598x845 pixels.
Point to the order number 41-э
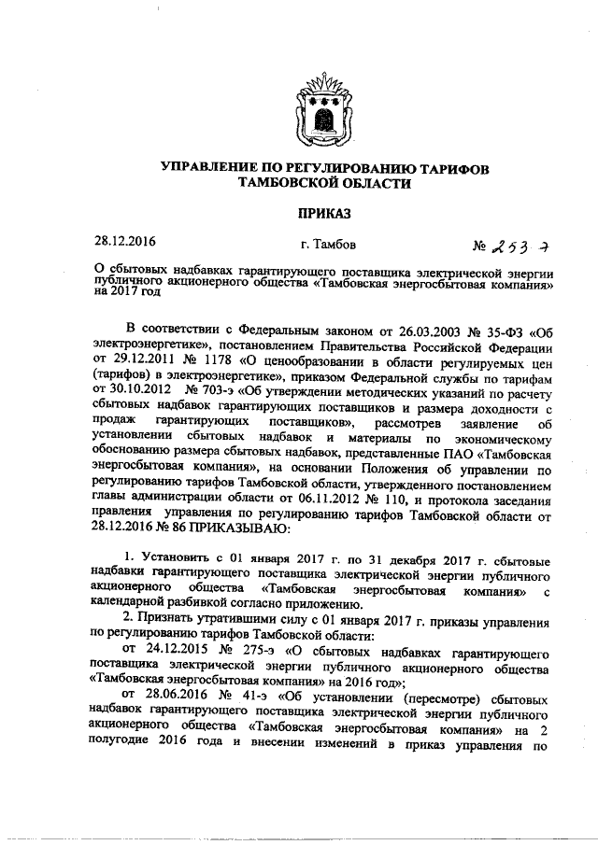(253, 699)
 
